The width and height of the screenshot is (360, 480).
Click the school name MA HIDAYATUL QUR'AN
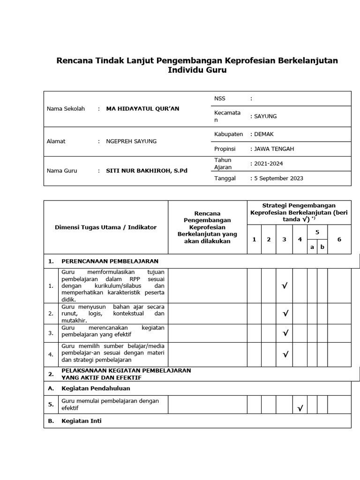[x=142, y=109]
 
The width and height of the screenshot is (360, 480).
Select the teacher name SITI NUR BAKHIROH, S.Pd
[x=147, y=171]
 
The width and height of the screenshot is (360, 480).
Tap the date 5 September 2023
[x=277, y=178]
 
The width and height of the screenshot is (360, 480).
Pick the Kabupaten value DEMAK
[x=264, y=134]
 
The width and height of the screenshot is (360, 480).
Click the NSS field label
[x=220, y=98]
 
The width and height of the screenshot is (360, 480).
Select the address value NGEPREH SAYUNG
[x=131, y=141]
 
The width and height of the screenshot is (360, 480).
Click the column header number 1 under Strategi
[x=254, y=240]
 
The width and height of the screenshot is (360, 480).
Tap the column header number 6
[x=339, y=240]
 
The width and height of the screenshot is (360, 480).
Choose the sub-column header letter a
[x=312, y=247]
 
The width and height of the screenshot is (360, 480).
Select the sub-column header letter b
[x=322, y=247]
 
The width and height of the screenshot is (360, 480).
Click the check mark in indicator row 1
[x=285, y=286]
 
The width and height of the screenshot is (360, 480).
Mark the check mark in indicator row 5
[x=300, y=409]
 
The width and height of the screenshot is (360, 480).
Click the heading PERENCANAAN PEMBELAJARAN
[x=110, y=261]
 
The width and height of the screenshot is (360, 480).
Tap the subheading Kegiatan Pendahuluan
[x=96, y=388]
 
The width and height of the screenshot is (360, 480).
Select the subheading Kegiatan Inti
[x=81, y=421]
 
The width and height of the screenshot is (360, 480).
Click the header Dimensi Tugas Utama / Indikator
[x=106, y=227]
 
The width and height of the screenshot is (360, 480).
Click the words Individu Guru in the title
[x=197, y=70]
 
